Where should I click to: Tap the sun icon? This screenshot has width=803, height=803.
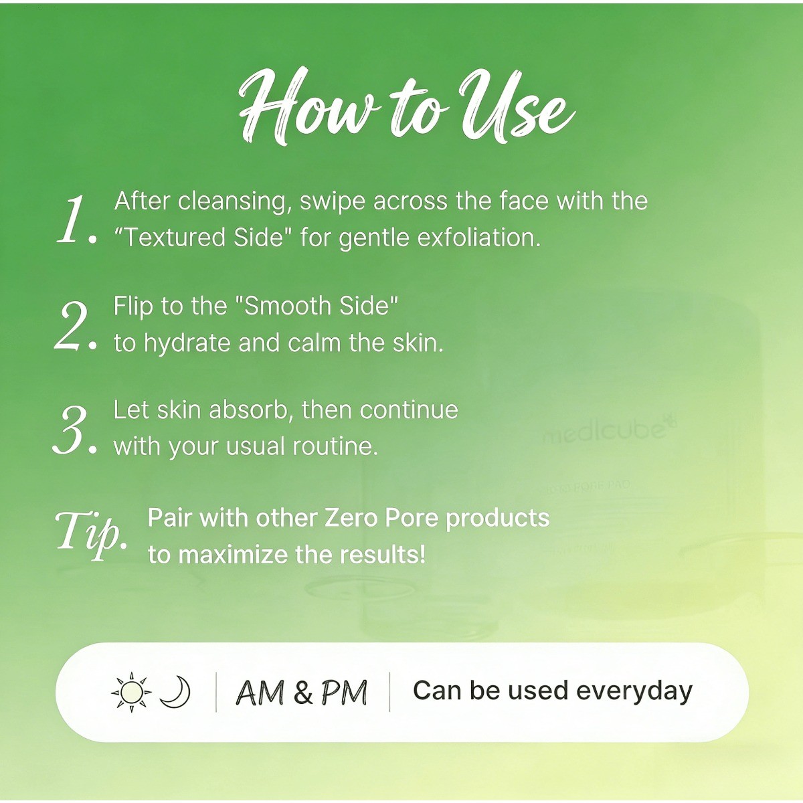(131, 691)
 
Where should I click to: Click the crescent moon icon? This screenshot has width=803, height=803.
(175, 691)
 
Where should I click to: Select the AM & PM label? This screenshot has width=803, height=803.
(302, 692)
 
